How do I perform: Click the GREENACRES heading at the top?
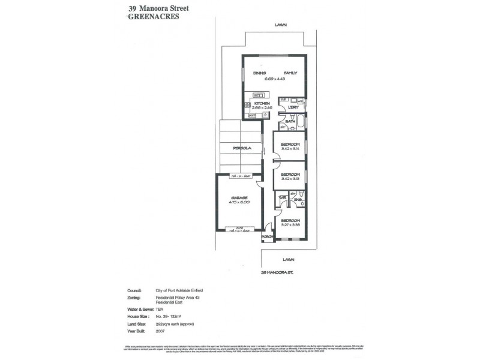pos(154,17)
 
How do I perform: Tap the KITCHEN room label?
pos(262,104)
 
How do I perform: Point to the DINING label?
pos(259,73)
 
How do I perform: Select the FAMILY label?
pos(290,73)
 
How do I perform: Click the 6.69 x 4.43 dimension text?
pos(274,78)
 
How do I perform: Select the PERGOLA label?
pos(242,148)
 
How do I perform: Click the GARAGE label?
pos(239,197)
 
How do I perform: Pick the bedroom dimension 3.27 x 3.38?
pos(290,226)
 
